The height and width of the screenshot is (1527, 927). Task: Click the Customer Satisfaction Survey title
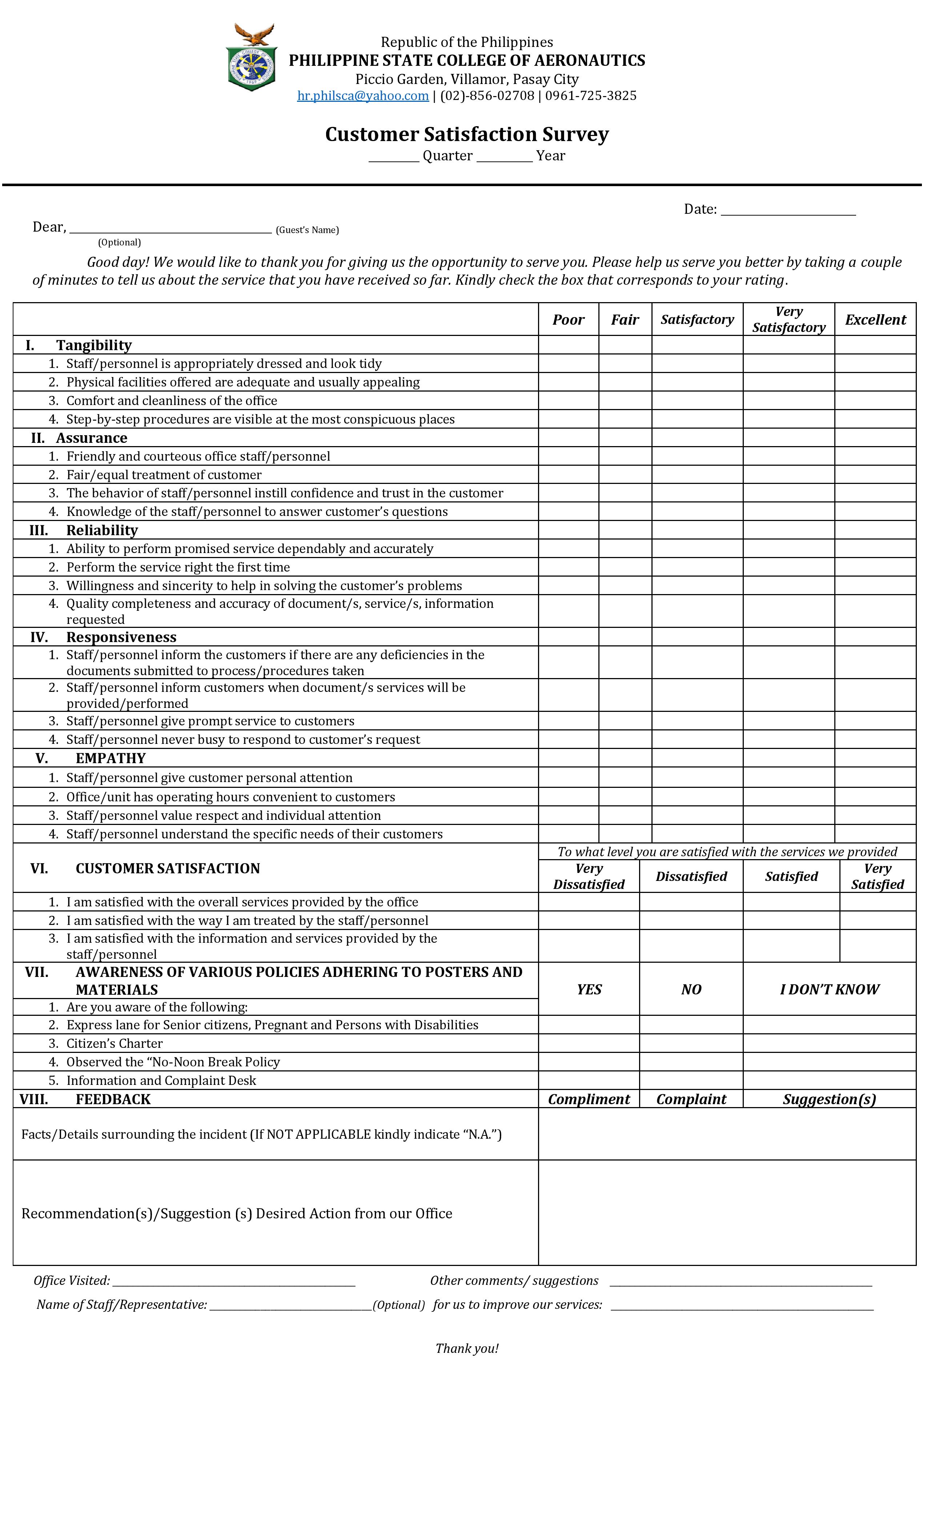point(467,135)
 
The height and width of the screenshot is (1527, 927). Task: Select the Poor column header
point(568,320)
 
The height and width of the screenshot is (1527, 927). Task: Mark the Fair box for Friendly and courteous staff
point(625,456)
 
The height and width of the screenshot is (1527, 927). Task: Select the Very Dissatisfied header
point(588,876)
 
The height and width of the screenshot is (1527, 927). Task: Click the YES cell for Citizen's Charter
point(588,1043)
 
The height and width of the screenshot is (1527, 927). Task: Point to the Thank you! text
point(467,1348)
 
